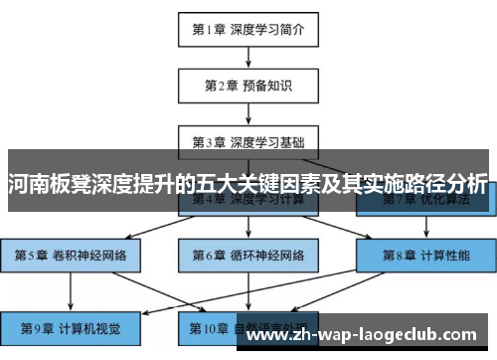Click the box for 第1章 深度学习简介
tap(248, 29)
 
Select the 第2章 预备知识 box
tap(248, 85)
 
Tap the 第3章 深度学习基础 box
tap(248, 140)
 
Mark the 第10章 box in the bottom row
tap(248, 326)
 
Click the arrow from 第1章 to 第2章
tap(248, 57)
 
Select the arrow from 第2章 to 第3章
tap(248, 112)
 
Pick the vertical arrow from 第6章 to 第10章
tap(248, 290)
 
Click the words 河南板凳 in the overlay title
tap(46, 184)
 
